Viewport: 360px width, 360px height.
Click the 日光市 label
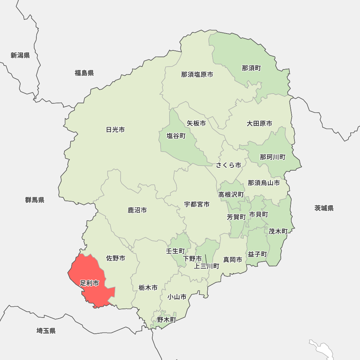point(115,130)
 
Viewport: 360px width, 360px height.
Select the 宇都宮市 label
point(197,204)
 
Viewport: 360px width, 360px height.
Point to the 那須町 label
point(251,68)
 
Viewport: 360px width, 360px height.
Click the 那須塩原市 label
point(197,75)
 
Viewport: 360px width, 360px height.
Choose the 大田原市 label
point(259,123)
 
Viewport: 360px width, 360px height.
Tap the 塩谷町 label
point(176,136)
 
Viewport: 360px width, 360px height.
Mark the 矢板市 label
point(196,123)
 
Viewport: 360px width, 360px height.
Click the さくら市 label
point(228,165)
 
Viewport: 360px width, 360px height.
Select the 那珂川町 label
point(273,157)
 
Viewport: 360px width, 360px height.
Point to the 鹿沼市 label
point(137,210)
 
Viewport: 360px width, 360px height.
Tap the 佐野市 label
point(116,258)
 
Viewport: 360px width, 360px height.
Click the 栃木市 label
point(148,288)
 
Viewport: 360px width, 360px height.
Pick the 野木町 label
point(166,319)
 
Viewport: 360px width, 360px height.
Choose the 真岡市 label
point(233,260)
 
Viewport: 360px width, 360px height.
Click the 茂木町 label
point(278,231)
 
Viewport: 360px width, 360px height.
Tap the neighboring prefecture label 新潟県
point(20,55)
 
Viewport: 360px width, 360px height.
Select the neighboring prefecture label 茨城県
point(324,208)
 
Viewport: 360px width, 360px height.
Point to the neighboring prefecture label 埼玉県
point(46,331)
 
